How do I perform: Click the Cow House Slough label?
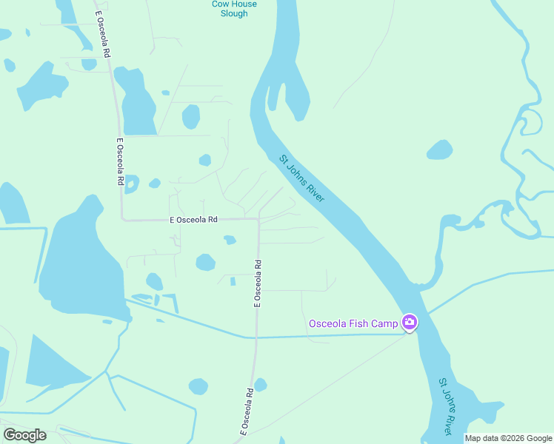234,8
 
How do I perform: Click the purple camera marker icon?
409,323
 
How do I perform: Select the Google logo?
24,435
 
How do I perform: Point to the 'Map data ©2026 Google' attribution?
508,438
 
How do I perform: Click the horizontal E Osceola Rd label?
193,220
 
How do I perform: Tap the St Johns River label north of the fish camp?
302,178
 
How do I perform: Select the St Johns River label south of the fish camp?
445,406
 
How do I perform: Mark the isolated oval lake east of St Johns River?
439,149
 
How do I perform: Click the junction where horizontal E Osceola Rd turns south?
258,220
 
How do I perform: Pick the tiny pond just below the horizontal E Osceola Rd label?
230,240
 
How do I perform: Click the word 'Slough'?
234,13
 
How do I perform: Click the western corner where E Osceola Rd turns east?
122,219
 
